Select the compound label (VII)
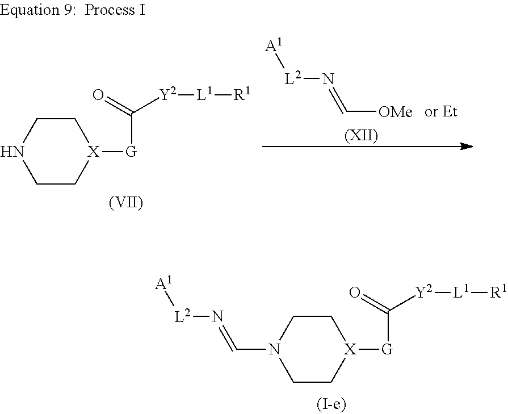point(125,203)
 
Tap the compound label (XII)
point(361,137)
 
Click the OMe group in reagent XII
point(395,112)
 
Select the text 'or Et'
point(441,112)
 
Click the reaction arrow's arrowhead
point(467,147)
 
